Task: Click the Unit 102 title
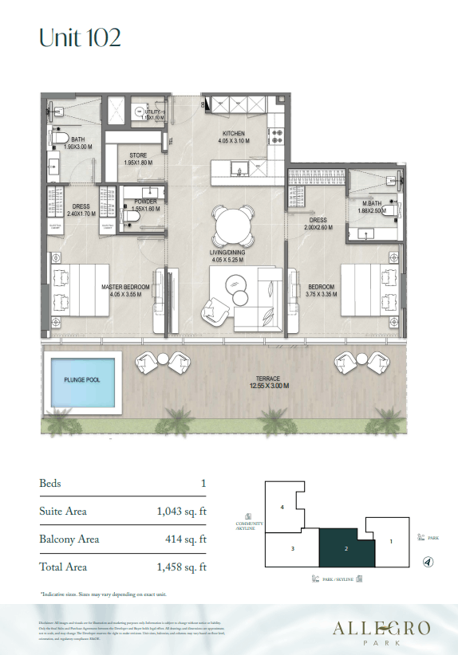point(80,37)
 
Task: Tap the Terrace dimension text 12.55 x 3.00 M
point(267,386)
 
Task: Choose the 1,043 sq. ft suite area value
point(181,512)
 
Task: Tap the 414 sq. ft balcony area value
point(188,539)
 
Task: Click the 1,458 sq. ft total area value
point(181,567)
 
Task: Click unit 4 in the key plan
point(282,507)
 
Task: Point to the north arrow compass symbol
point(428,562)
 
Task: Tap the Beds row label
point(50,484)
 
